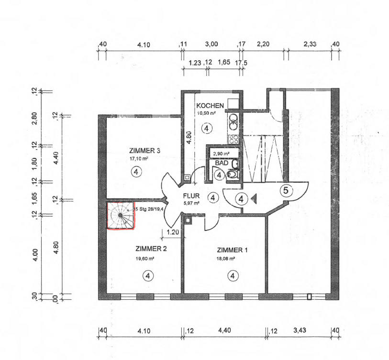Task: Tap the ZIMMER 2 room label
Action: pos(151,249)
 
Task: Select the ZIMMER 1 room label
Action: pos(233,250)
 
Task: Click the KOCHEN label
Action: pos(210,105)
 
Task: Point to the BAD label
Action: pos(221,163)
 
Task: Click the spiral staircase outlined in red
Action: pos(120,215)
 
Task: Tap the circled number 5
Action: pos(286,191)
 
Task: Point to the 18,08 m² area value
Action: pos(226,259)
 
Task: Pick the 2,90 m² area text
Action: pos(222,153)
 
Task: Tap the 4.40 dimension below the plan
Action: pos(224,331)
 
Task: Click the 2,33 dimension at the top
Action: pos(310,44)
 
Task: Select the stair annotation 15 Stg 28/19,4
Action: pos(150,209)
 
